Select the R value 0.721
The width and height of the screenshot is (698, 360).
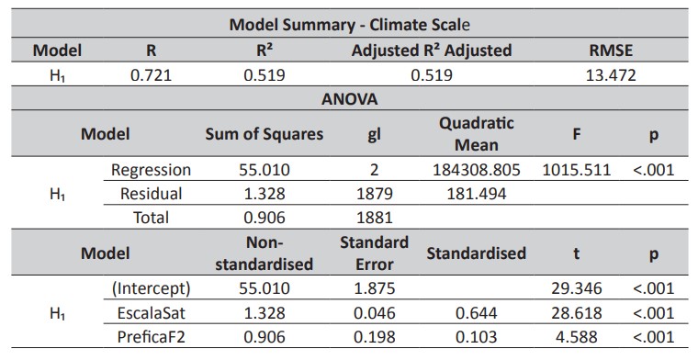[x=149, y=75]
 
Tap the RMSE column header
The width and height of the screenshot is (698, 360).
[x=611, y=51]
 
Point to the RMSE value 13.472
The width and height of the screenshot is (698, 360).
[x=611, y=75]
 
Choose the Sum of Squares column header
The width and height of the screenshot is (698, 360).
[x=265, y=134]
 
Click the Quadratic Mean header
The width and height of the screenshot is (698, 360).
[x=476, y=133]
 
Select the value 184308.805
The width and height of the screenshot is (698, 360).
[x=476, y=170]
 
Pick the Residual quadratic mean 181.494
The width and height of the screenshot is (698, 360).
[x=476, y=194]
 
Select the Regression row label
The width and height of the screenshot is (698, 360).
[x=151, y=170]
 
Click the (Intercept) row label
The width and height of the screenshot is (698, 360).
[x=151, y=288]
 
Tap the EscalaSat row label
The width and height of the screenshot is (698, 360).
[x=151, y=312]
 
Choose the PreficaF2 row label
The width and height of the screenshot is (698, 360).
[x=151, y=336]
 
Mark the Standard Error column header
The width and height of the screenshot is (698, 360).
[x=373, y=253]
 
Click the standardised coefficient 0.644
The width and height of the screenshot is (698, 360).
[x=476, y=312]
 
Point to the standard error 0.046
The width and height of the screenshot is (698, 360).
[x=373, y=312]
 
